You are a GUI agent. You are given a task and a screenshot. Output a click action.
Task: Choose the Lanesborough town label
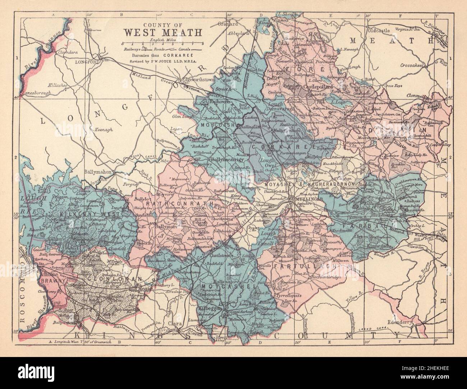[x=36, y=93]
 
